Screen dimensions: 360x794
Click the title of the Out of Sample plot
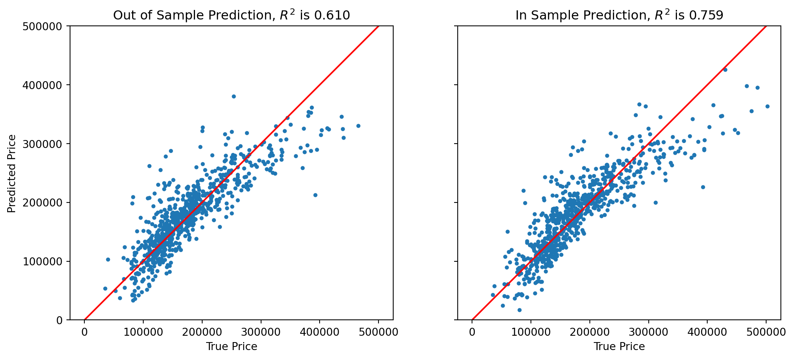tap(231, 15)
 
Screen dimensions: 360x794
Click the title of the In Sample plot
tap(619, 15)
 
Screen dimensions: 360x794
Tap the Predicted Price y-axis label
tap(12, 173)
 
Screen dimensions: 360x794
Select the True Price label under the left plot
tap(231, 346)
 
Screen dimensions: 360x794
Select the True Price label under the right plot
tap(619, 346)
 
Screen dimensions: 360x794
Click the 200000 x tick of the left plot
tap(202, 332)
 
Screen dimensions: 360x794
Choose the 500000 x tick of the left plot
tap(378, 332)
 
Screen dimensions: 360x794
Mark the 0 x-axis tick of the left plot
tap(84, 332)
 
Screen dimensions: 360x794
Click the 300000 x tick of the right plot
tap(648, 332)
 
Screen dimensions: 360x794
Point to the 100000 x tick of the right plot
tap(531, 332)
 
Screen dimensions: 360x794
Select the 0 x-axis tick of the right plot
tap(472, 332)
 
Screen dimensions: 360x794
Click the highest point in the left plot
tap(234, 96)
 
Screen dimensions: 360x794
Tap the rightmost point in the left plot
tap(358, 126)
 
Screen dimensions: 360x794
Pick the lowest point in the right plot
tap(519, 310)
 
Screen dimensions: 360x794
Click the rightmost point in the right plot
tap(767, 106)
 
